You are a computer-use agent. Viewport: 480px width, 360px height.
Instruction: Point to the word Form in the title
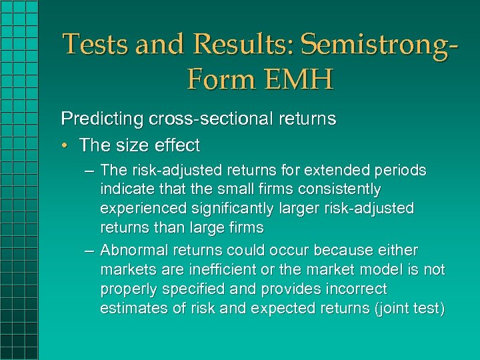pyautogui.click(x=217, y=80)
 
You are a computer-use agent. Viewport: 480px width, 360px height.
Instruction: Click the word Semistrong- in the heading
pyautogui.click(x=379, y=45)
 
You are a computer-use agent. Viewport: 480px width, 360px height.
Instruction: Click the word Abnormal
pyautogui.click(x=133, y=251)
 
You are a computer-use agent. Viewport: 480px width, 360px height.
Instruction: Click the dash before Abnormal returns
pyautogui.click(x=89, y=251)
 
